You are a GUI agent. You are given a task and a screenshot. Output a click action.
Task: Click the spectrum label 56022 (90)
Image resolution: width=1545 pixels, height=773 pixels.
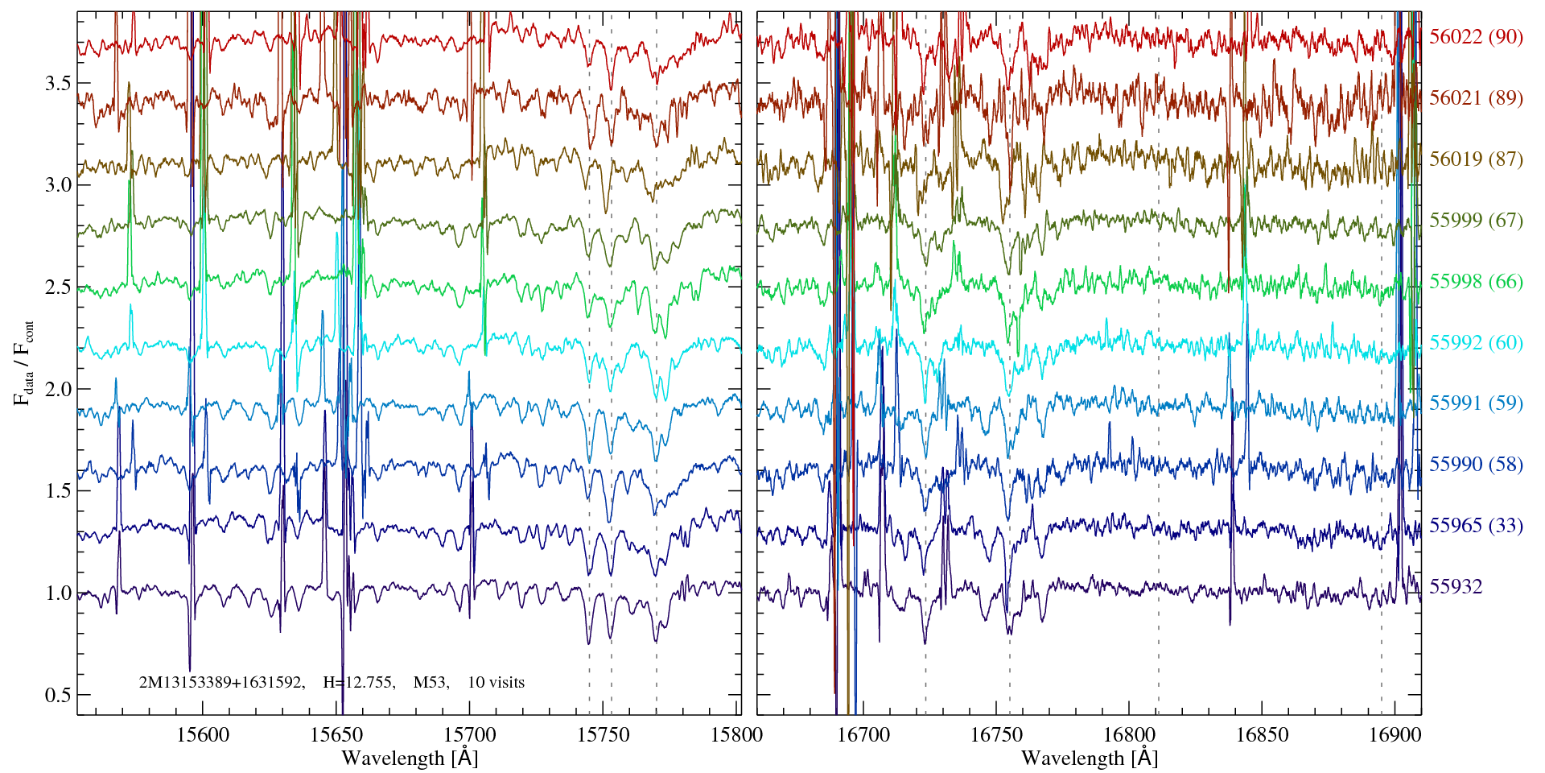tap(1476, 37)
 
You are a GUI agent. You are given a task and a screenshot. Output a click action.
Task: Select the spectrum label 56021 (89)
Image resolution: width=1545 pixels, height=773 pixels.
tap(1476, 98)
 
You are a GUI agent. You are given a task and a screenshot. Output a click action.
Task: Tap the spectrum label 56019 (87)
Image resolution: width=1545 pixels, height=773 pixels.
tap(1476, 159)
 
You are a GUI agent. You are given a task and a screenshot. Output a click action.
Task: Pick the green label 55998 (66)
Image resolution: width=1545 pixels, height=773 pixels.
tap(1476, 282)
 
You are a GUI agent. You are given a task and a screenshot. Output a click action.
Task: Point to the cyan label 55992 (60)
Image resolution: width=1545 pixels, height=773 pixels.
tap(1476, 343)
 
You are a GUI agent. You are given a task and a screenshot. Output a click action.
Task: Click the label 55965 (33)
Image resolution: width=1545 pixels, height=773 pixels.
tap(1476, 526)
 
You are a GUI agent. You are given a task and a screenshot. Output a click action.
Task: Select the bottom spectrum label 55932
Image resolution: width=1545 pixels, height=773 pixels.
tap(1456, 587)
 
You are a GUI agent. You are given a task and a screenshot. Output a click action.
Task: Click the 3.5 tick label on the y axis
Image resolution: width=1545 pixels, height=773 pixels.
tap(56, 84)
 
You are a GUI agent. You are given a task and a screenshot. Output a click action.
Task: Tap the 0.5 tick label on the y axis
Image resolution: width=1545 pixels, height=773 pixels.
tap(56, 695)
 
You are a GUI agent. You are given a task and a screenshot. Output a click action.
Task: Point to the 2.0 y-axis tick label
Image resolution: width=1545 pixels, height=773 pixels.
tap(56, 390)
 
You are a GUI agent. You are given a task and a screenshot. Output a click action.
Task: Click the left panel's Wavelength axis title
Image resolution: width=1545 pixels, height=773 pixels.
tap(410, 758)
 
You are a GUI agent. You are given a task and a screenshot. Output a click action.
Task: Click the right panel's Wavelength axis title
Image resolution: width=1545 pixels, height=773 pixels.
tap(1090, 758)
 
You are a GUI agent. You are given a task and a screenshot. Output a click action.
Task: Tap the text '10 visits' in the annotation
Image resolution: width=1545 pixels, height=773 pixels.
tap(496, 683)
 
